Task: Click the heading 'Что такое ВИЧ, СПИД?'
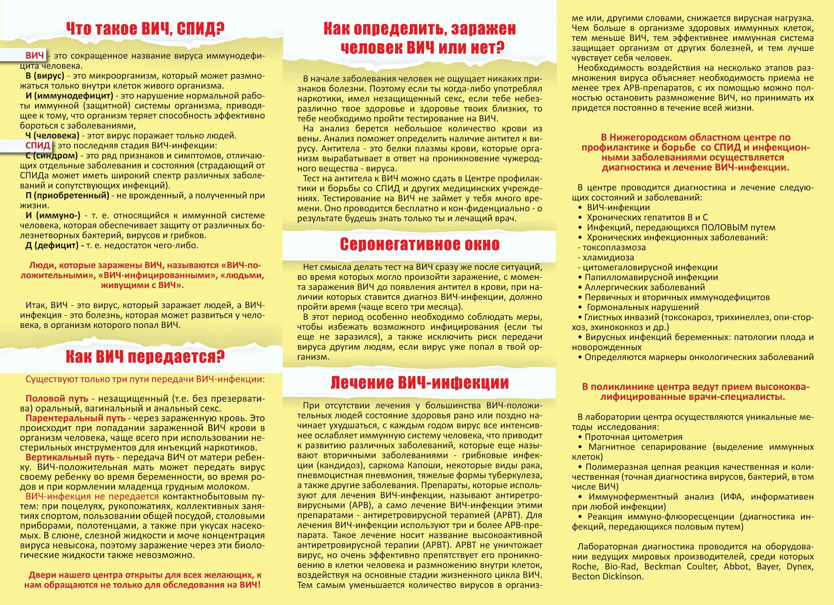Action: click(145, 29)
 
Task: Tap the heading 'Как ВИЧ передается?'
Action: click(145, 357)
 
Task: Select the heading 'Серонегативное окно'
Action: click(420, 244)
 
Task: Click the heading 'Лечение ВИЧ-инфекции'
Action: click(420, 383)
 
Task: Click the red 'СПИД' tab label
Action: click(38, 145)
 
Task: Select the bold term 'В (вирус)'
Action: click(45, 76)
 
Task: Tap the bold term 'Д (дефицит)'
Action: click(52, 245)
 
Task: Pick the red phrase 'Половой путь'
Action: click(57, 398)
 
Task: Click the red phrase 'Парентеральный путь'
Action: click(75, 418)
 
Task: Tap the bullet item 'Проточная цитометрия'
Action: click(633, 437)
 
